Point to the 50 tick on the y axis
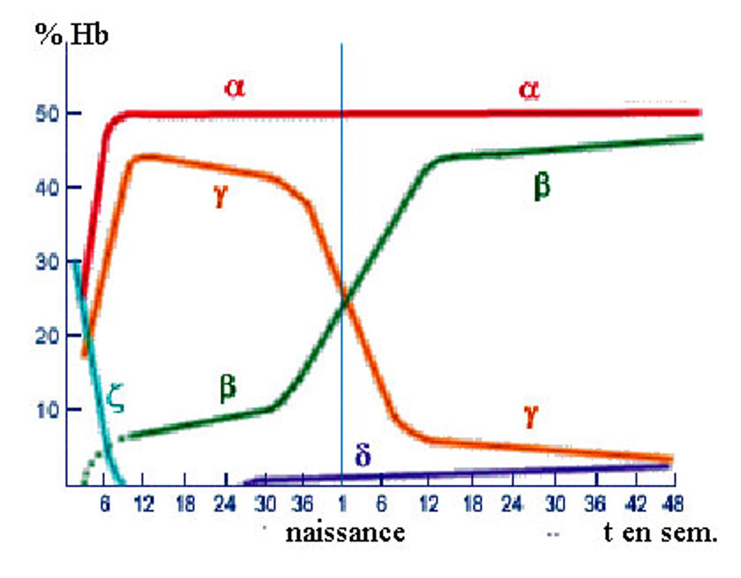click(45, 113)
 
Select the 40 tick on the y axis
click(45, 187)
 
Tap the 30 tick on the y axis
click(45, 262)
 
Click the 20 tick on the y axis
click(45, 336)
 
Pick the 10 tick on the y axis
click(45, 410)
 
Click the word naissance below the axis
click(344, 532)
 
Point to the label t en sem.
click(660, 532)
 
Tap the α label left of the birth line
click(235, 87)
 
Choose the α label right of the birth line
click(528, 88)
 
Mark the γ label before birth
click(220, 199)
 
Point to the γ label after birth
click(529, 416)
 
